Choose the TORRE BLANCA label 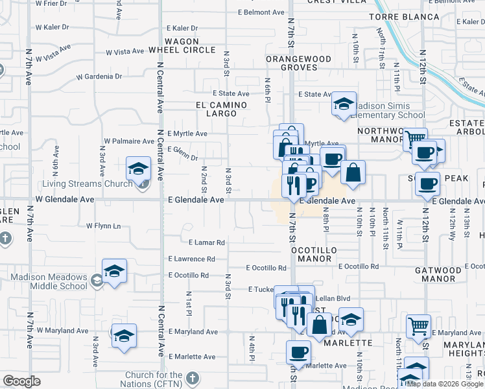[396, 16]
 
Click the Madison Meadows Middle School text [49, 281]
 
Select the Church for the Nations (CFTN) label [154, 379]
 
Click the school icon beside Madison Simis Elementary [344, 104]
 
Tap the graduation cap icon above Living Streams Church [138, 170]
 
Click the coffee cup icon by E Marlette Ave [298, 352]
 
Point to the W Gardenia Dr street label [99, 77]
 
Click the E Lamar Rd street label [207, 242]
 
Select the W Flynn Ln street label [104, 226]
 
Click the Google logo [21, 381]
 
